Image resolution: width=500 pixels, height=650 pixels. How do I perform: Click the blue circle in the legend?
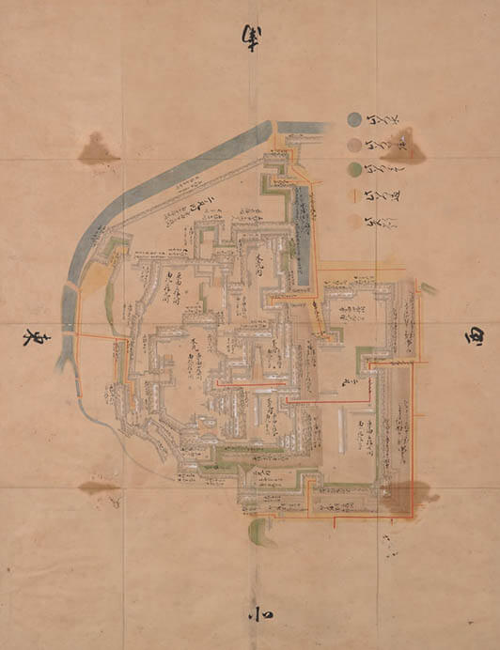[x=353, y=119]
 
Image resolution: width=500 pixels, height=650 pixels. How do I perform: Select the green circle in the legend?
[x=353, y=169]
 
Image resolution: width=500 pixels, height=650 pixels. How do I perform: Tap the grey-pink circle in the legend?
[x=353, y=145]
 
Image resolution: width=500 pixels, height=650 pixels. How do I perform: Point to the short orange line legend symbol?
[x=353, y=195]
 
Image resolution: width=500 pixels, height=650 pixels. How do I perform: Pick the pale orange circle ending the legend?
[x=353, y=222]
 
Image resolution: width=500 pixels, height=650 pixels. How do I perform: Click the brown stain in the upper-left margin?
[x=98, y=149]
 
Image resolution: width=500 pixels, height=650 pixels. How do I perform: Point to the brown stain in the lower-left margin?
[x=99, y=487]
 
